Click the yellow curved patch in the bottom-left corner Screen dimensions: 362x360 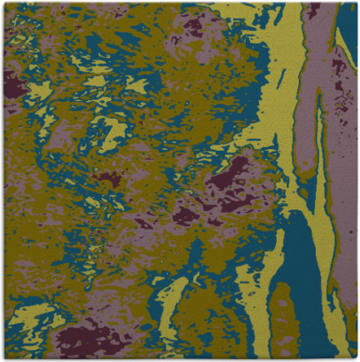pos(27,319)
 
